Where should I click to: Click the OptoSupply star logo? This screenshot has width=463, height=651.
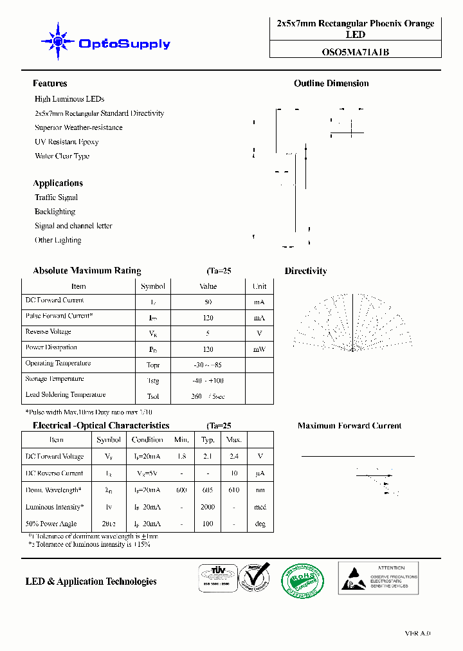tap(58, 42)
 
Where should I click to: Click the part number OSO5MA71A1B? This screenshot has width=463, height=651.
tap(355, 53)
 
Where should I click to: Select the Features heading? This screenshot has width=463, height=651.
tap(50, 84)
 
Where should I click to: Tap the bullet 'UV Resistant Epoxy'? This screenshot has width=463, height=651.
tap(66, 142)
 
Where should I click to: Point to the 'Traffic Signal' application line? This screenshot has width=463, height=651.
tap(56, 197)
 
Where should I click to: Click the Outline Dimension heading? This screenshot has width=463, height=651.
tap(331, 84)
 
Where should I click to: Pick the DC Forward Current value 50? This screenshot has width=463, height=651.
tap(208, 302)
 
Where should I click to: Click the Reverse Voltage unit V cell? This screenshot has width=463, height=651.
tap(259, 333)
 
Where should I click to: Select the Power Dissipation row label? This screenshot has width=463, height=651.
tap(51, 347)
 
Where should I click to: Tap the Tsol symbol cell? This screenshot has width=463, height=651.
tap(153, 396)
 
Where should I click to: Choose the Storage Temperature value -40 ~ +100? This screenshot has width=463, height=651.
tap(208, 381)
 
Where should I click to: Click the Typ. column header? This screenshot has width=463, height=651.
tap(208, 440)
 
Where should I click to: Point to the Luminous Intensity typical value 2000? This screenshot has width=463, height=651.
tap(208, 507)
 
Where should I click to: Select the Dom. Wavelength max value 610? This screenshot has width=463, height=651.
tap(234, 490)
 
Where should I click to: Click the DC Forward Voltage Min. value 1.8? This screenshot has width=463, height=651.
tap(181, 456)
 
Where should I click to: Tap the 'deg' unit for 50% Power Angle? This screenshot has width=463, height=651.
tap(260, 524)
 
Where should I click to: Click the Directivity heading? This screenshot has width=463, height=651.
tap(305, 271)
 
